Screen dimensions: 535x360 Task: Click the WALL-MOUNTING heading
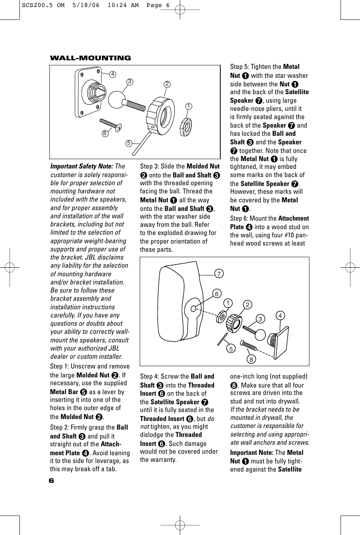coord(90,58)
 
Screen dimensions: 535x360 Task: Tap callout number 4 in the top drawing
coord(112,74)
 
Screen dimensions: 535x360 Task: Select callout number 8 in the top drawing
coord(105,133)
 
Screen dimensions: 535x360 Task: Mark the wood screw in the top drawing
coord(111,124)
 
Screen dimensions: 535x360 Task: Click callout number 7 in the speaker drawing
coord(219,274)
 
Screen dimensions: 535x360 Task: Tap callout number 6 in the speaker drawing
coord(217,294)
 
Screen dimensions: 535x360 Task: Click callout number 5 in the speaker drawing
coord(231,349)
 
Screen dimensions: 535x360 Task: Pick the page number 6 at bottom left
coord(52,481)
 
